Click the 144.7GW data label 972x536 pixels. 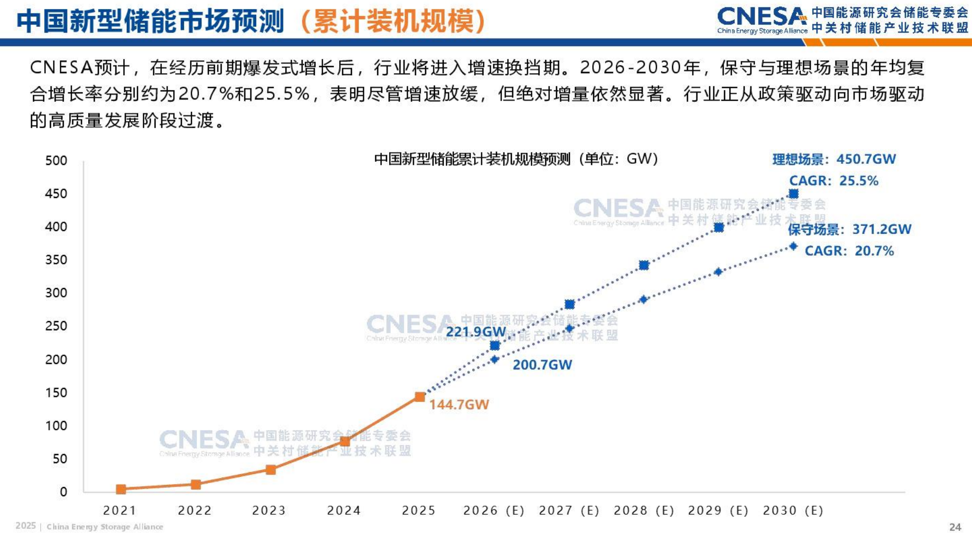[459, 405]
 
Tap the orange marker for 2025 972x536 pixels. [420, 397]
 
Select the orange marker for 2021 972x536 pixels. [121, 489]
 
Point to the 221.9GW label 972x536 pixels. [476, 332]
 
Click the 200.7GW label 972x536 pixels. [542, 365]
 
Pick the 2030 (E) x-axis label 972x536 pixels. [793, 511]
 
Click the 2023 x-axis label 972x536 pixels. [269, 511]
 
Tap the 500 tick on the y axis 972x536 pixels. [57, 161]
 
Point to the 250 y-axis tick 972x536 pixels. [57, 326]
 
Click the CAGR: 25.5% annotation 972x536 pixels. [833, 181]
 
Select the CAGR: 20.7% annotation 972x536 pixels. [849, 251]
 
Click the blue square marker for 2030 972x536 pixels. [794, 194]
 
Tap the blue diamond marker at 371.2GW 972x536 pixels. [794, 246]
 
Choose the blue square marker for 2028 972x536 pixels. [644, 265]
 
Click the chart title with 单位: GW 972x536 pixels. [516, 159]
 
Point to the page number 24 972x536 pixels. [955, 527]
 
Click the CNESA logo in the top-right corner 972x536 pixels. [762, 20]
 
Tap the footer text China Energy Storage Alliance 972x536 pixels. [105, 527]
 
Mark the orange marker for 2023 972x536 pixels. [271, 470]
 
